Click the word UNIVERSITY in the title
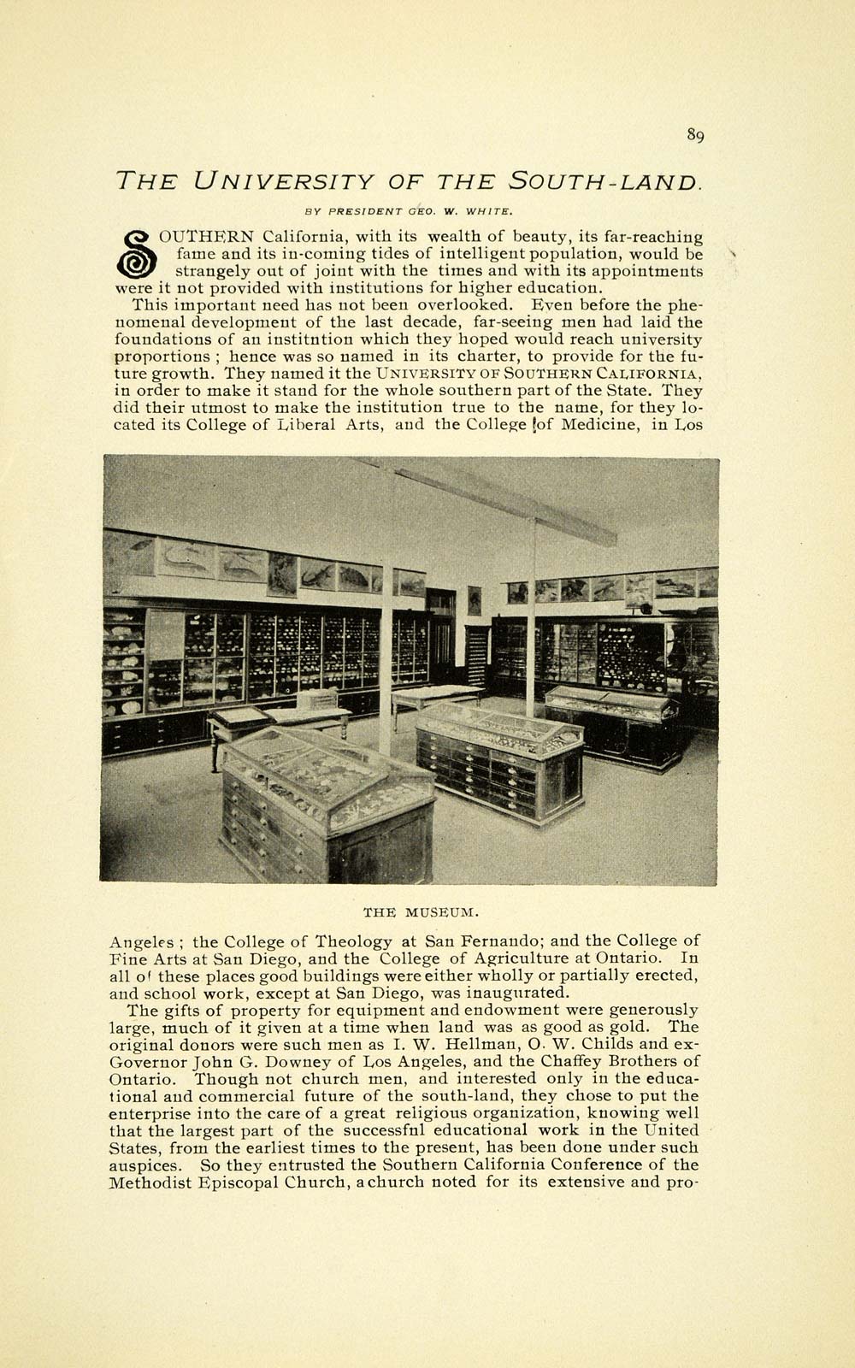(284, 181)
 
